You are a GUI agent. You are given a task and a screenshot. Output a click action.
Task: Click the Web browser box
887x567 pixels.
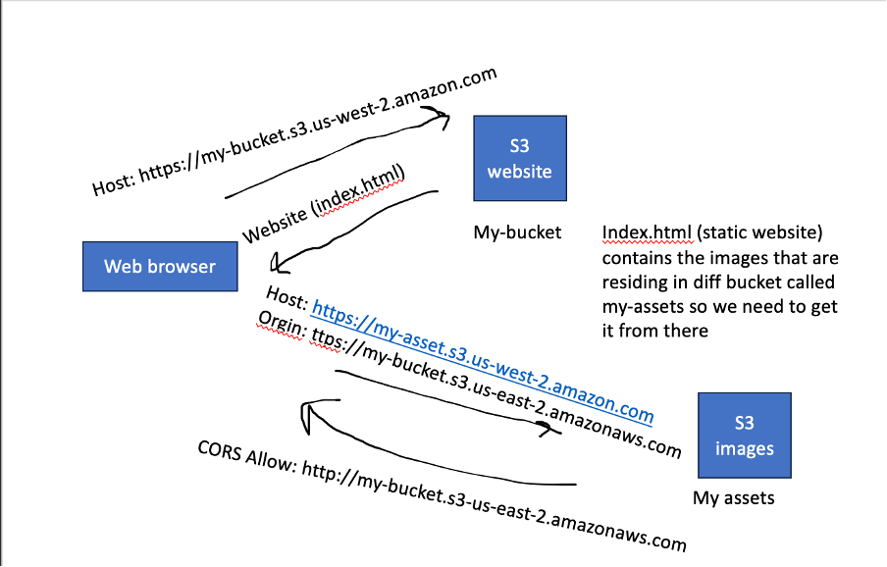pyautogui.click(x=160, y=266)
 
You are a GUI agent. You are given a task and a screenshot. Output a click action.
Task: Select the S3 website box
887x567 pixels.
pyautogui.click(x=519, y=158)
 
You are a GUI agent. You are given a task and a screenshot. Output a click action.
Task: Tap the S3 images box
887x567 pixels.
pyautogui.click(x=744, y=436)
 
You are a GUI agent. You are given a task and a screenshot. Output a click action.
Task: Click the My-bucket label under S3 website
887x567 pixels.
pyautogui.click(x=517, y=232)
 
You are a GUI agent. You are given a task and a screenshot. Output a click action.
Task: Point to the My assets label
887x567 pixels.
pyautogui.click(x=733, y=498)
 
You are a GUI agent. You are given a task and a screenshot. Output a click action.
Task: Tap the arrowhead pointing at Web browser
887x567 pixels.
pyautogui.click(x=281, y=263)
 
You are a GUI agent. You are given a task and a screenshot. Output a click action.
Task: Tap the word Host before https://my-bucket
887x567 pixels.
pyautogui.click(x=113, y=180)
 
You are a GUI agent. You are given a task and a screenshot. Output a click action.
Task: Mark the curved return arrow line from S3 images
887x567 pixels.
pyautogui.click(x=442, y=461)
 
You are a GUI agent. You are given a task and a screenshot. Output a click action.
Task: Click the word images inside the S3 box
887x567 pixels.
pyautogui.click(x=744, y=449)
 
